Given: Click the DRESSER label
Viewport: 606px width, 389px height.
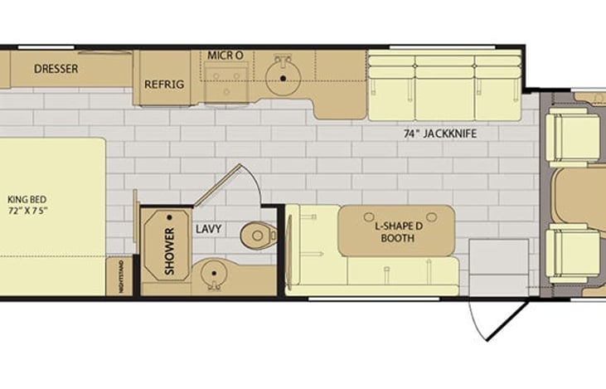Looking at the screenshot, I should click(56, 69).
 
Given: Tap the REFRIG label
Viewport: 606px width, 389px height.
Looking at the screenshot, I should click(163, 85).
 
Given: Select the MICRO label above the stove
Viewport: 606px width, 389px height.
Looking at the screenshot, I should click(225, 55).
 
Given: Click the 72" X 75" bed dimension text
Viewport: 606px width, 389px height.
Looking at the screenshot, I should click(27, 212).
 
